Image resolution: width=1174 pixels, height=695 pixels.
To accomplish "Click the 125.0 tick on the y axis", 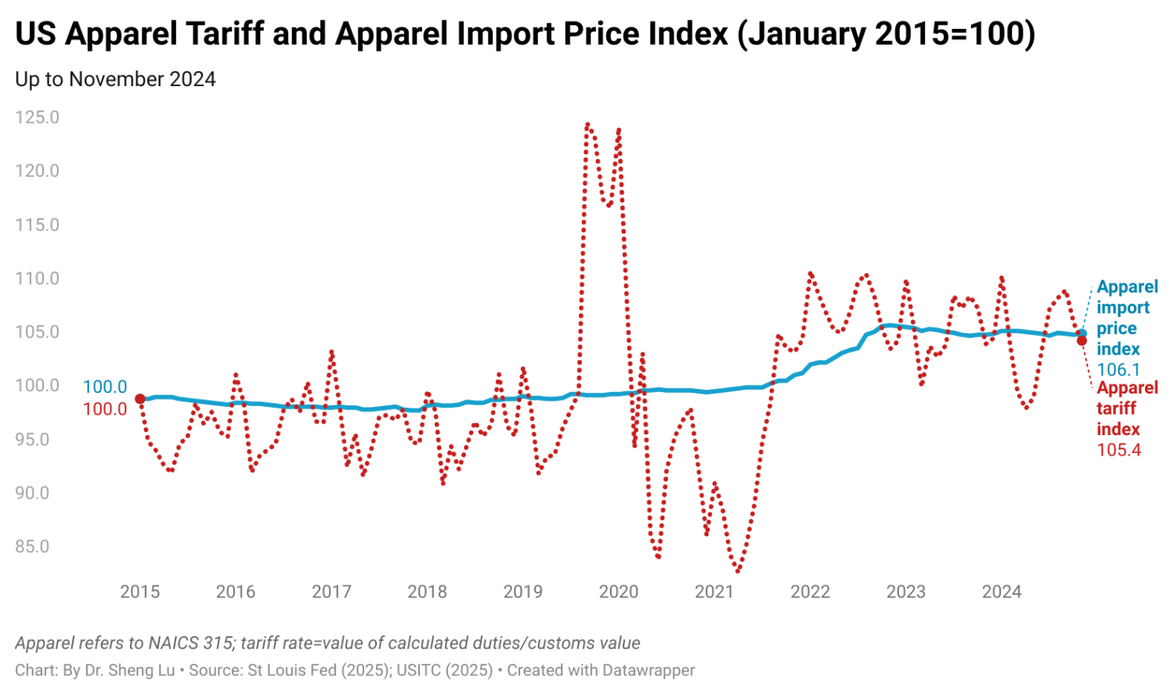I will (37, 117).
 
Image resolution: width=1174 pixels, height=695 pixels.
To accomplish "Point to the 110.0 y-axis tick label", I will (37, 279).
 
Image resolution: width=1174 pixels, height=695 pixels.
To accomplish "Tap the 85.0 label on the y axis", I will (32, 547).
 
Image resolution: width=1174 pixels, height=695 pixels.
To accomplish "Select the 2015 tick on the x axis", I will (139, 592).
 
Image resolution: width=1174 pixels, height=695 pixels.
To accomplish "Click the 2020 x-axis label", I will (619, 592).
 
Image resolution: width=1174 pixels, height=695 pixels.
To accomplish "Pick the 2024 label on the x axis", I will (1002, 592).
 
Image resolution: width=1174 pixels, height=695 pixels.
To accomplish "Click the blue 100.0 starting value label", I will (105, 387).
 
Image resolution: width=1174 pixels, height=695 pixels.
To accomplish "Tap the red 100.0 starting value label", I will (105, 409).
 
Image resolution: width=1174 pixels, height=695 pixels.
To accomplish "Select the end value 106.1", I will (1118, 369).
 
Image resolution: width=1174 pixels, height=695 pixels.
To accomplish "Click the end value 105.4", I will (1118, 450).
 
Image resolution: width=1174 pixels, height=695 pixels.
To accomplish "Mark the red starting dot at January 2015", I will (140, 399).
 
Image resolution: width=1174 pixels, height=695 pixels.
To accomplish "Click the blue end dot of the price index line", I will (1082, 333).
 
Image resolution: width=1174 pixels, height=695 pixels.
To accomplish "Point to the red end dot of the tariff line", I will (1082, 340).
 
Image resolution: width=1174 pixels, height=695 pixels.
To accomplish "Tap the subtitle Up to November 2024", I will (115, 79).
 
